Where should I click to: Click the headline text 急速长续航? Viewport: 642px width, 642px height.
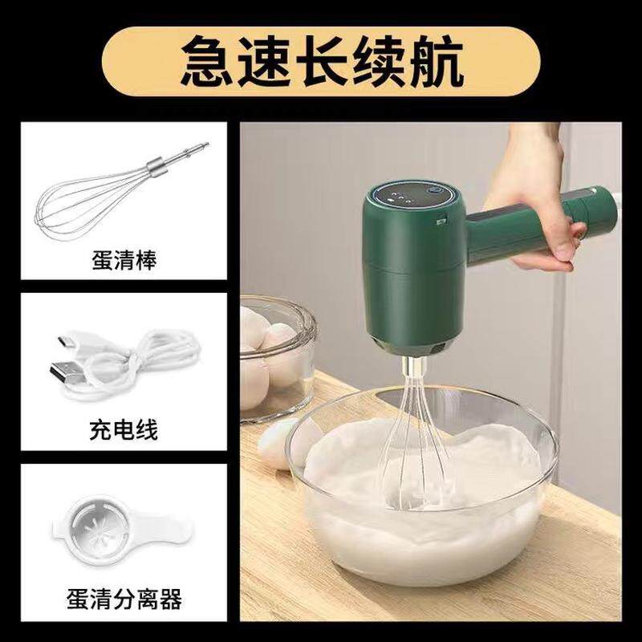point(322,61)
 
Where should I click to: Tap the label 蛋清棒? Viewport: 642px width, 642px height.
point(124,259)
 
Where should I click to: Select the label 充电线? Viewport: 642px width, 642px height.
point(124,430)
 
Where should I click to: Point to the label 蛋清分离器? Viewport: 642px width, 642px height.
point(124,599)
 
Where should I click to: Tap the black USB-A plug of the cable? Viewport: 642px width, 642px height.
point(67,372)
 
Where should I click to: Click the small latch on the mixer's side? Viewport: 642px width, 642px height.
point(441,221)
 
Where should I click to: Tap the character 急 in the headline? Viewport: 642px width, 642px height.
point(207,61)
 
